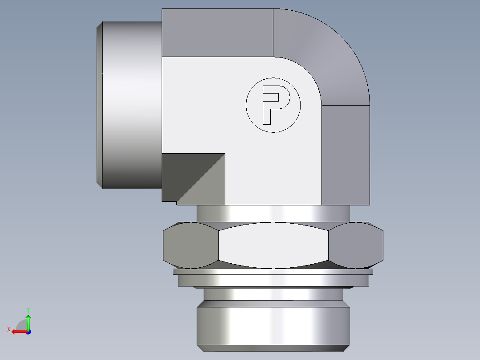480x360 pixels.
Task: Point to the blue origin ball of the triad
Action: coord(28,331)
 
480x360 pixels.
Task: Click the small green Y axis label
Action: coord(28,309)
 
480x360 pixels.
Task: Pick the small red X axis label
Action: coord(8,330)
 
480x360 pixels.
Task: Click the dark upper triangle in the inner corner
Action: coord(183,172)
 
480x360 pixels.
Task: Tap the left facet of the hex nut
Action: coord(191,245)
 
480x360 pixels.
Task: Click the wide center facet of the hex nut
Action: coord(273,245)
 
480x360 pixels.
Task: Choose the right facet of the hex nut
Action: coord(356,245)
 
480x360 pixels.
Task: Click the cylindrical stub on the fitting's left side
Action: coord(131,105)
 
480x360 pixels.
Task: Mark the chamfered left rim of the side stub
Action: coord(100,105)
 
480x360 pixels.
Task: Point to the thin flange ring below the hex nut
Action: coord(273,280)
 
